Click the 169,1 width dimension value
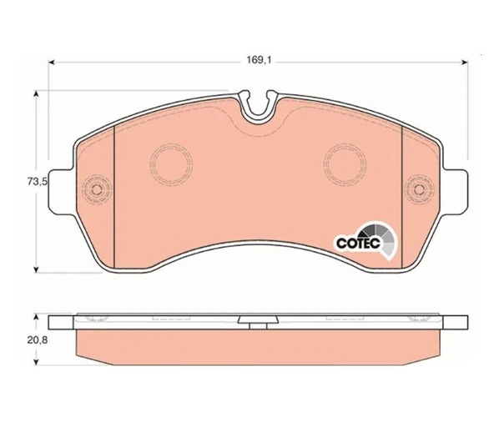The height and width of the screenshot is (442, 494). pos(259,60)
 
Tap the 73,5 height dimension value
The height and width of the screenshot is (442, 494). pos(37,182)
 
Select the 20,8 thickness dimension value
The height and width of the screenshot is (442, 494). pos(38,340)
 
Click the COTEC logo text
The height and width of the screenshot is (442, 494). pos(359,243)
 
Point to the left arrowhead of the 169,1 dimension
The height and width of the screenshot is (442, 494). pos(53,63)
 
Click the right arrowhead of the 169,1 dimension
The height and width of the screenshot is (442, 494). pos(464,63)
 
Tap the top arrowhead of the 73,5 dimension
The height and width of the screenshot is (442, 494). pos(36,95)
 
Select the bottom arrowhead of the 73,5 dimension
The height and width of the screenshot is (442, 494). pos(36,269)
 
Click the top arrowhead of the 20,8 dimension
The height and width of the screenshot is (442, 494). pos(36,317)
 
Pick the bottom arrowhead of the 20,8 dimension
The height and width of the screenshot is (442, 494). pos(36,362)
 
